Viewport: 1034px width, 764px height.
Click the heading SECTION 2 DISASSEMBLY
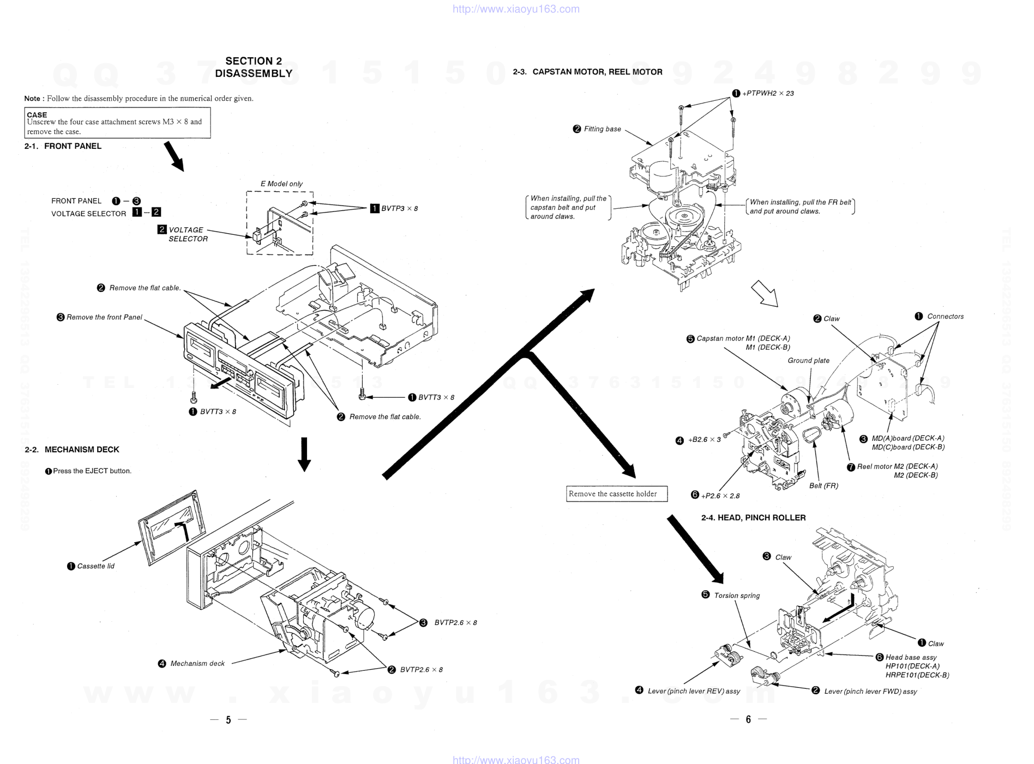coord(254,67)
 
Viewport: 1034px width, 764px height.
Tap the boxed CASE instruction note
coord(117,123)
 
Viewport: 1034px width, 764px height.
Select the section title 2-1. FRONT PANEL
coord(63,146)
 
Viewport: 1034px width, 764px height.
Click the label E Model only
coord(281,184)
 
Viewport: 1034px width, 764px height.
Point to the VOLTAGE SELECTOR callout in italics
coord(187,234)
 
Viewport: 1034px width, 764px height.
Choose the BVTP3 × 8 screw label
coord(399,208)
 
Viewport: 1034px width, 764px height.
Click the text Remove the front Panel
coord(104,317)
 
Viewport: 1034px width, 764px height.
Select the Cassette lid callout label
coord(95,566)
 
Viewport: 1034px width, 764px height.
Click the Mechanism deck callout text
coord(197,664)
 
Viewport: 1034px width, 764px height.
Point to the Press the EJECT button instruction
coord(92,471)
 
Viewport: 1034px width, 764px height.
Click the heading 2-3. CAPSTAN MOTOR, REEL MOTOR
coord(587,72)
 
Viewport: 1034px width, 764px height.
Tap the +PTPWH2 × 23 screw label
coord(767,93)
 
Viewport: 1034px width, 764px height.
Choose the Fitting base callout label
coord(602,129)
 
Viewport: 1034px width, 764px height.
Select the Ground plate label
coord(808,360)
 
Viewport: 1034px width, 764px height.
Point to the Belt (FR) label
coord(823,486)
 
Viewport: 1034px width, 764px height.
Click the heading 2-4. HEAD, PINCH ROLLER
coord(753,518)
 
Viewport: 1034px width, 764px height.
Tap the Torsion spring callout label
coord(736,596)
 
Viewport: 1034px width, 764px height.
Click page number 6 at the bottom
coord(748,720)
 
